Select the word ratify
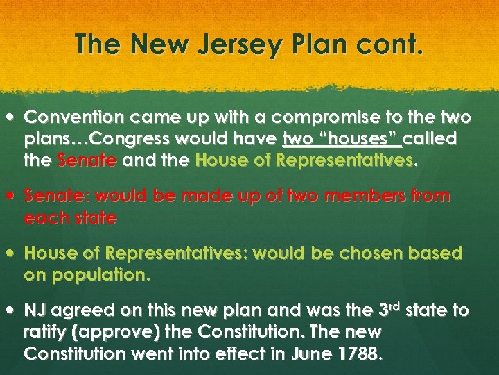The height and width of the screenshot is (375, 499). click(46, 333)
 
